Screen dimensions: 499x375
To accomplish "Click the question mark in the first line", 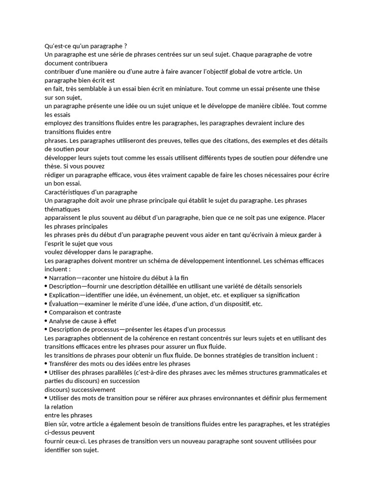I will tap(125, 46).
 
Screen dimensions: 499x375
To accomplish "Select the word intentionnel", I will tap(239, 261).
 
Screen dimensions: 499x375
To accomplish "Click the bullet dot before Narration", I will tap(46, 278).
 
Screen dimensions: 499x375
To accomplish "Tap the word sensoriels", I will tap(284, 287).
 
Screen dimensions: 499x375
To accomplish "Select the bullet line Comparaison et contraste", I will tap(85, 312).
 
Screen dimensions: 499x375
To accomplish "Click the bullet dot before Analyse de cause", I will tap(46, 321).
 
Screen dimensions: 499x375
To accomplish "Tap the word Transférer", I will tap(65, 364).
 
